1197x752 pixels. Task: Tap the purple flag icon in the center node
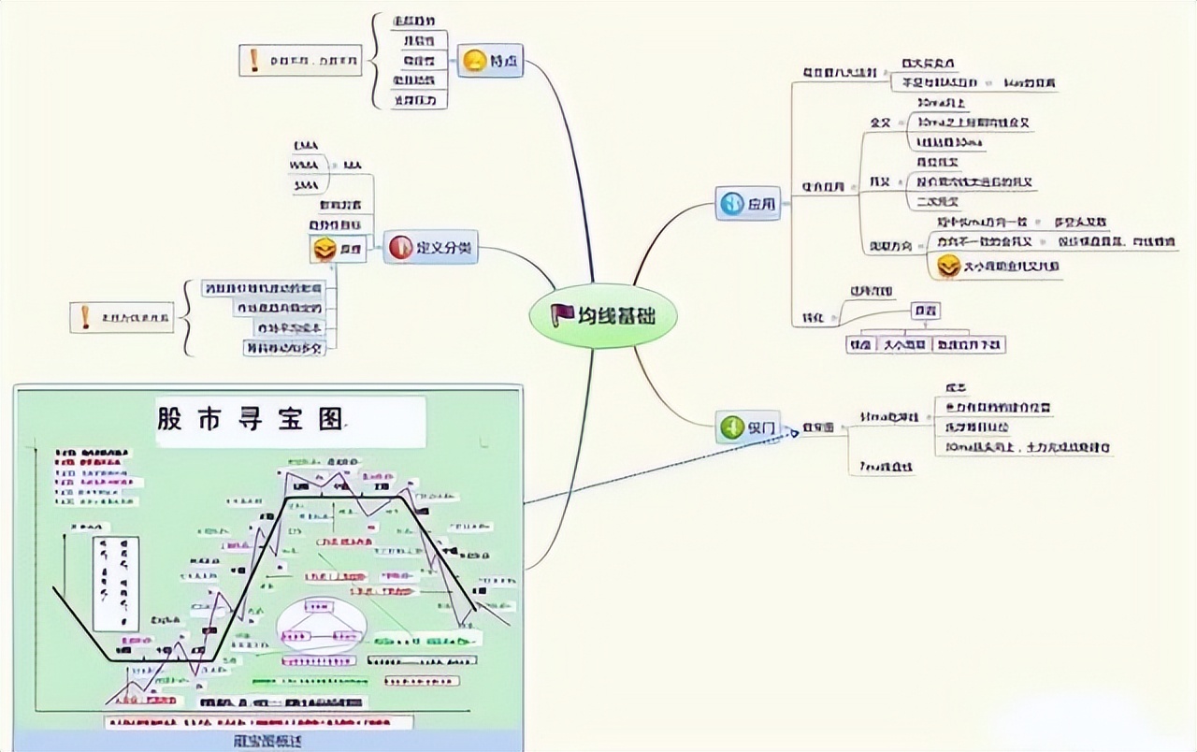[x=562, y=315]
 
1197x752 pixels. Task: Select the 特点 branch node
[x=490, y=63]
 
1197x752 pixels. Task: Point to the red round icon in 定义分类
[x=400, y=247]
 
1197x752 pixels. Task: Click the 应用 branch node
[x=748, y=203]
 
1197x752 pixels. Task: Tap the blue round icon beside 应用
[x=730, y=203]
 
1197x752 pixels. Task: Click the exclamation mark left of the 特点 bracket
[x=253, y=61]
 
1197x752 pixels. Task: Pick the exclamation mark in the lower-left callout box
[x=85, y=318]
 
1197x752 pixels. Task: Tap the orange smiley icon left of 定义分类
[x=324, y=249]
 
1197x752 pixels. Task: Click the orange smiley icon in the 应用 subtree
[x=948, y=266]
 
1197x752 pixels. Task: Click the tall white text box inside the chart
[x=115, y=583]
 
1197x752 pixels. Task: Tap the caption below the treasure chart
[x=261, y=741]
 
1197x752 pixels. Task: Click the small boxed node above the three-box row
[x=926, y=311]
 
